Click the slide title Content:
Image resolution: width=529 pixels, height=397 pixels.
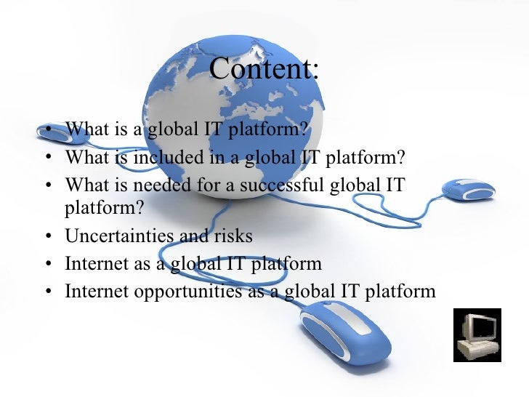click(264, 70)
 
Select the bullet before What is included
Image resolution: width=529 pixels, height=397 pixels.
click(48, 159)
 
